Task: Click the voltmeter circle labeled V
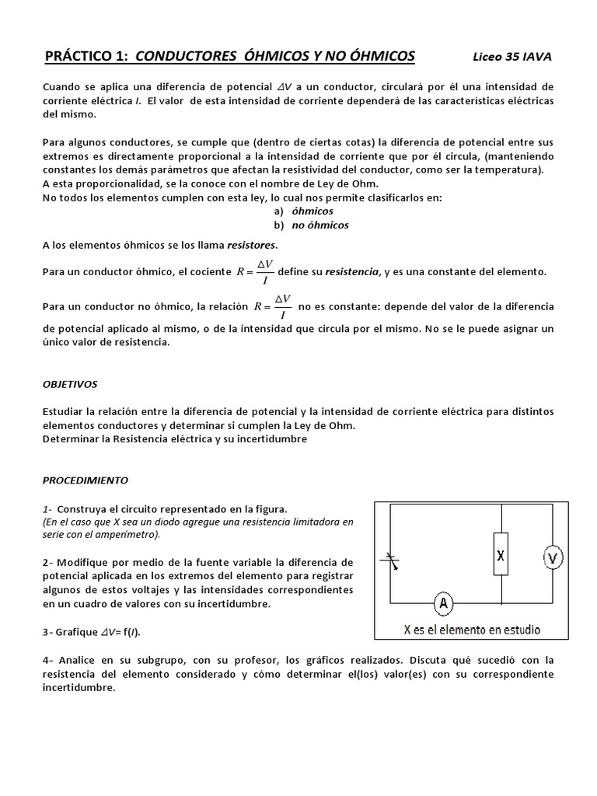pyautogui.click(x=552, y=557)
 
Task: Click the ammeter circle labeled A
pyautogui.click(x=442, y=602)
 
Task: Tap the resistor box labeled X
pyautogui.click(x=501, y=554)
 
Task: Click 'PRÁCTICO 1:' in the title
pyautogui.click(x=86, y=56)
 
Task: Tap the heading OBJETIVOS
pyautogui.click(x=70, y=384)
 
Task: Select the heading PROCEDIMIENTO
pyautogui.click(x=86, y=480)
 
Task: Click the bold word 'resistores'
pyautogui.click(x=251, y=245)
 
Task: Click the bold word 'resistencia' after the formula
pyautogui.click(x=350, y=271)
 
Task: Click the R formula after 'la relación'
pyautogui.click(x=273, y=305)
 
